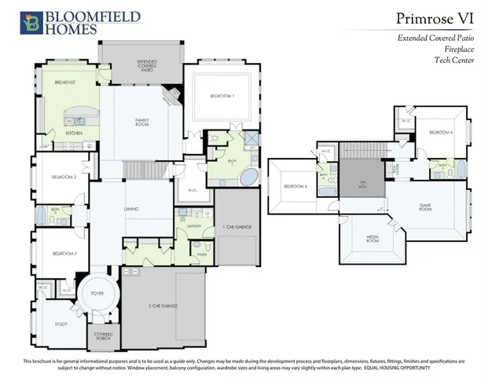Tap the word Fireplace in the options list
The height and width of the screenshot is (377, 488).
point(453,48)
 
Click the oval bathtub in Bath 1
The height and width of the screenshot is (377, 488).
point(250,175)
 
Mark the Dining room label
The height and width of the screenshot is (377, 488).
point(132,209)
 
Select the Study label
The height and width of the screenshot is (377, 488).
point(60,322)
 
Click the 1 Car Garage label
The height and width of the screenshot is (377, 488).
point(237,227)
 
